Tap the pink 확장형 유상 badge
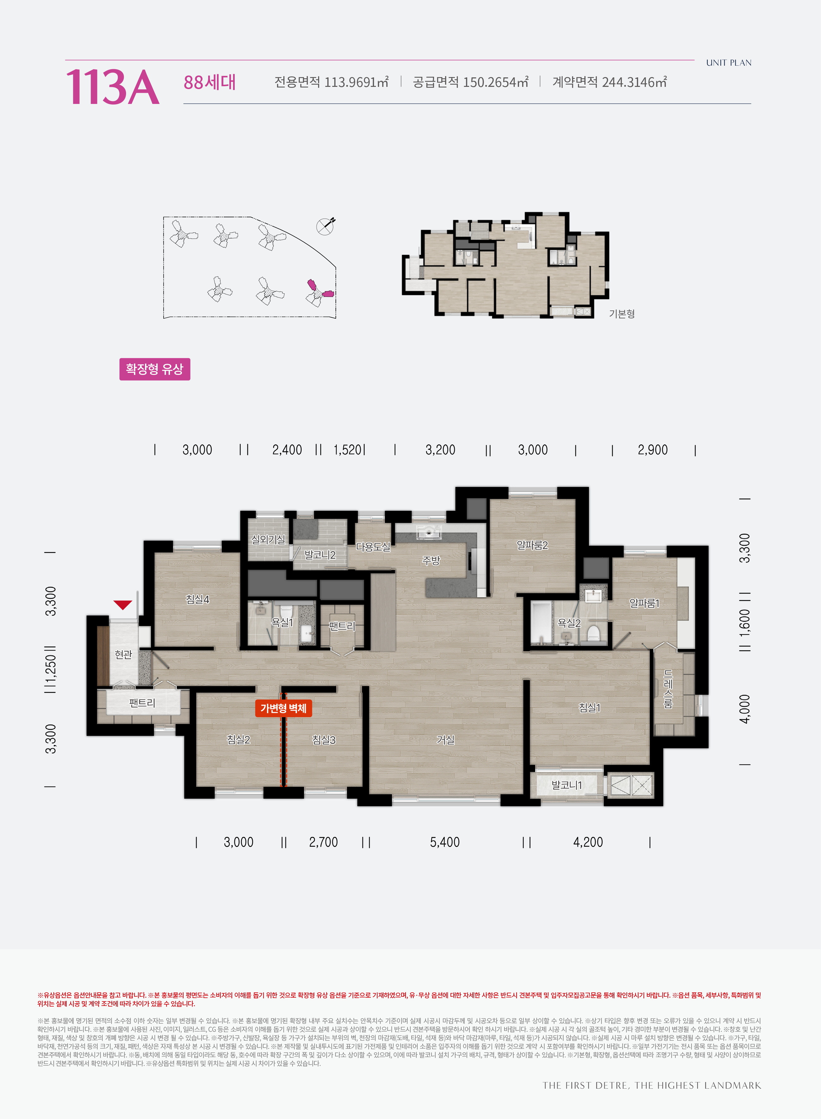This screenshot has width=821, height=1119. [x=154, y=369]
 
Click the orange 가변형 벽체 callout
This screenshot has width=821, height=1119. [x=283, y=708]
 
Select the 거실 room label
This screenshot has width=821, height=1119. [x=445, y=740]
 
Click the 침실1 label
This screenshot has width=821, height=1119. [x=589, y=707]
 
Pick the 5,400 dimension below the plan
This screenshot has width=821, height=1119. [x=445, y=842]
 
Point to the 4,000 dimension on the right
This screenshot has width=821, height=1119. [x=745, y=709]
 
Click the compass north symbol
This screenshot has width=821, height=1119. [x=326, y=226]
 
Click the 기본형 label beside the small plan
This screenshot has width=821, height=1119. [x=622, y=314]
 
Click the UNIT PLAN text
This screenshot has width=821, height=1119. [x=728, y=63]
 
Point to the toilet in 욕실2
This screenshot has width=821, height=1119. [x=592, y=633]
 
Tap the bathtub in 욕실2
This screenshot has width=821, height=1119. [x=541, y=623]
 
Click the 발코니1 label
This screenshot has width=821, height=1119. [x=566, y=785]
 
